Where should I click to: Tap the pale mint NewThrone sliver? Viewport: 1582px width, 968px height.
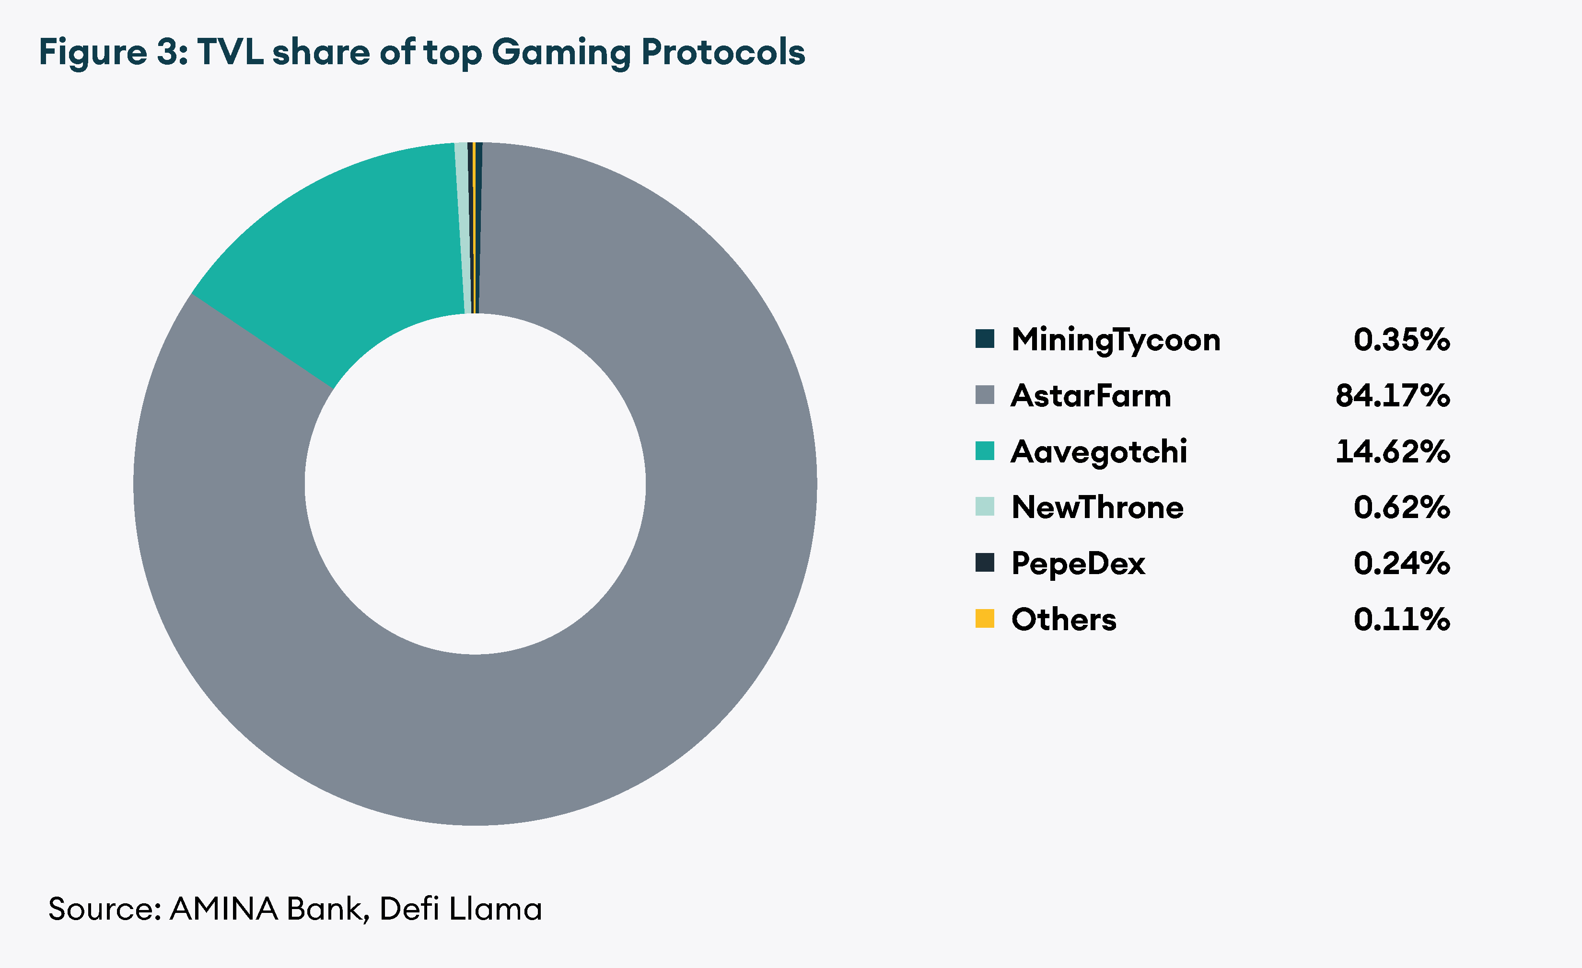point(461,225)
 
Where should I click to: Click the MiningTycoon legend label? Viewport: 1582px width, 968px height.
point(1115,340)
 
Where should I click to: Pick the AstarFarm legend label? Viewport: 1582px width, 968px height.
point(1090,395)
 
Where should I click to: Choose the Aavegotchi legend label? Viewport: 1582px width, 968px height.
point(1099,451)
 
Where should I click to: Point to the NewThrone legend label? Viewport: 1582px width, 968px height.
point(1097,507)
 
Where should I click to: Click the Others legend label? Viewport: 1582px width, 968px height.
point(1064,619)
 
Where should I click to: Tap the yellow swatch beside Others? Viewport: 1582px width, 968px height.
point(984,618)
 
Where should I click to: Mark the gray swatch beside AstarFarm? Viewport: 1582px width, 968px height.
point(984,395)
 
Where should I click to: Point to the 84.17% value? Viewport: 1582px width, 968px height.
point(1392,395)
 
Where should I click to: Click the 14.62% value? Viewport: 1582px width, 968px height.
point(1392,451)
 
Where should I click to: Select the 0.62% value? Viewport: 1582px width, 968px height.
point(1401,507)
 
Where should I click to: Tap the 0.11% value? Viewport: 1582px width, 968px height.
point(1401,619)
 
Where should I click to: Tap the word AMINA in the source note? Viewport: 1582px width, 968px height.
point(223,909)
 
